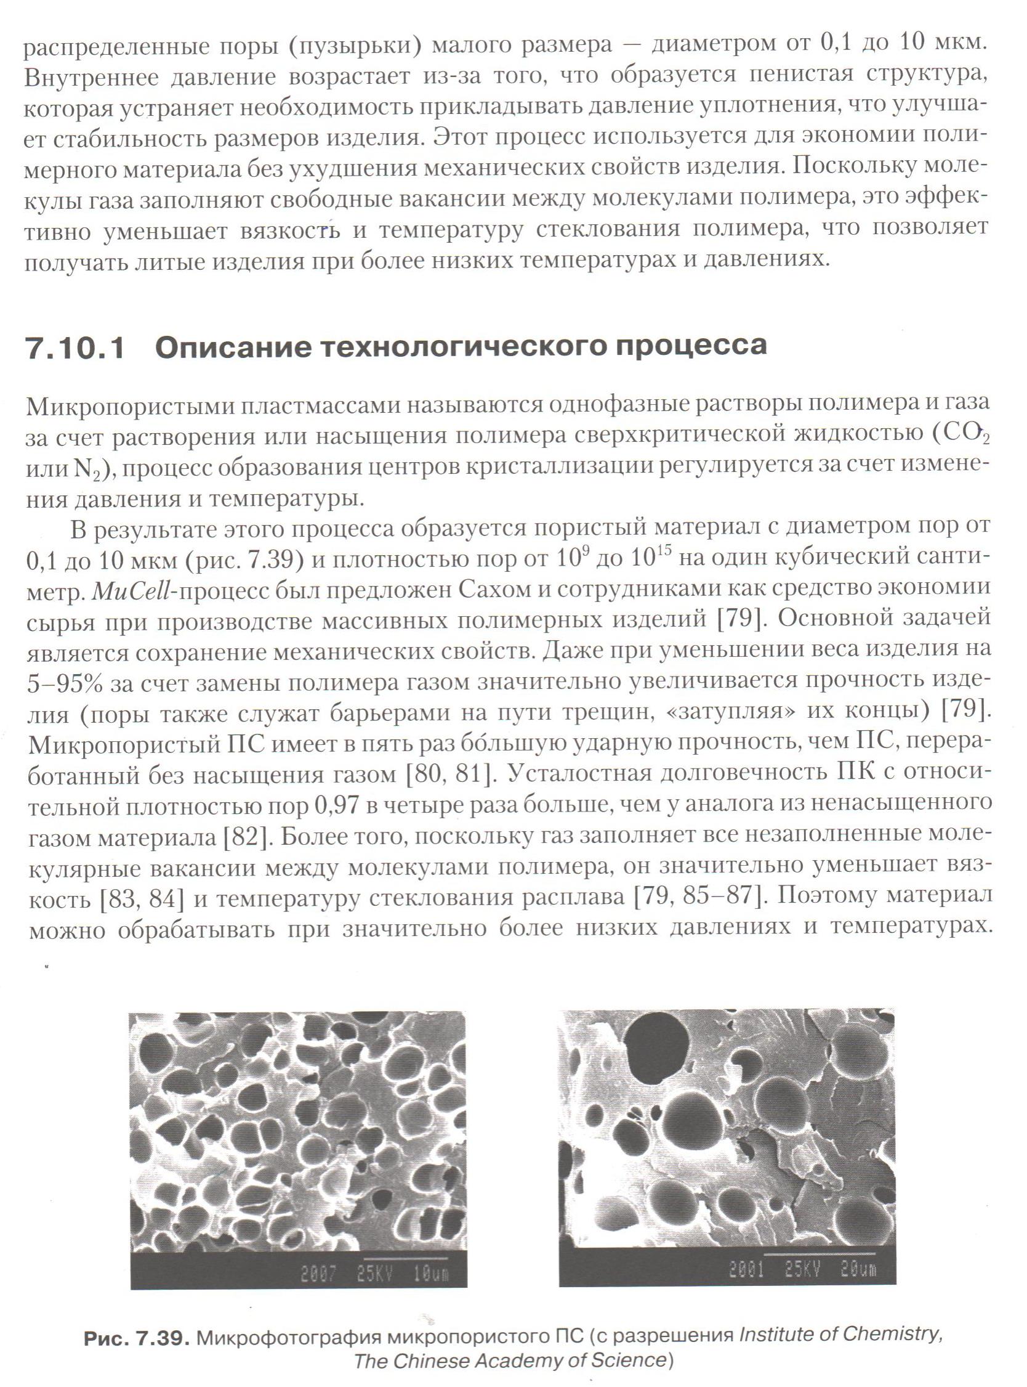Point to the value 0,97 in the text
coord(337,807)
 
